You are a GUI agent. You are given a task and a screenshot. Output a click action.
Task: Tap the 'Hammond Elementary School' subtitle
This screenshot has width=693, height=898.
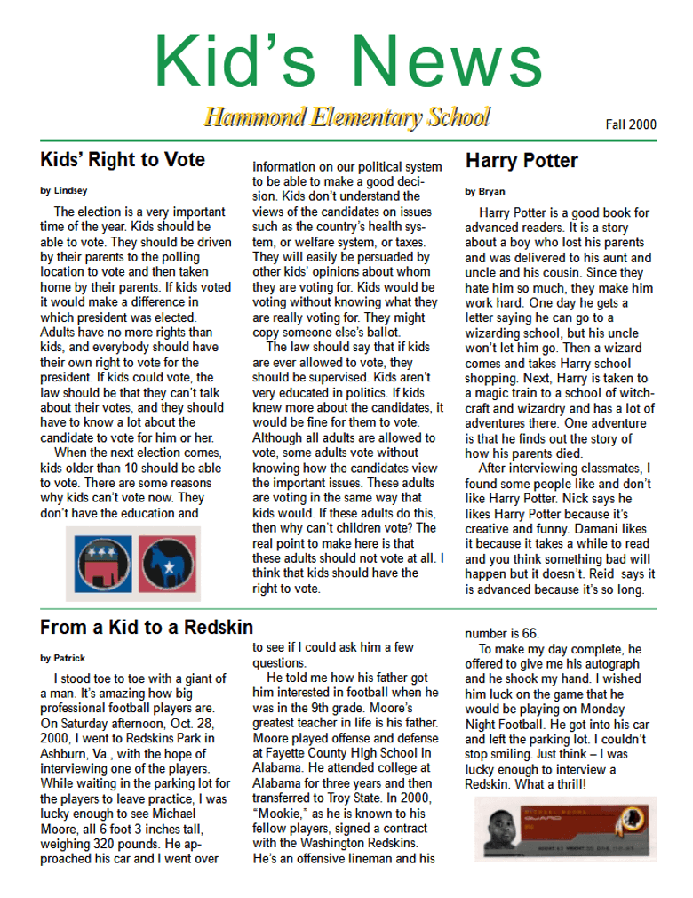click(x=346, y=116)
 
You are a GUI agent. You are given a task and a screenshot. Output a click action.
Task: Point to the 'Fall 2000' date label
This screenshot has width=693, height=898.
click(x=632, y=125)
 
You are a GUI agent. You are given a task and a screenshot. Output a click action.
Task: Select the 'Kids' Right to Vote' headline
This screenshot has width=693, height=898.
click(x=123, y=160)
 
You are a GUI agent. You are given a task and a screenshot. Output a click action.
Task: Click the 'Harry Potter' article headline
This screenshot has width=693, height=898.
click(x=522, y=161)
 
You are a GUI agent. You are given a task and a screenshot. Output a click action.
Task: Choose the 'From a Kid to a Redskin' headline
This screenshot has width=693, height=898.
click(x=147, y=627)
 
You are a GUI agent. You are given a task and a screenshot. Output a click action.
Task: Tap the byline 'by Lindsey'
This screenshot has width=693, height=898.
click(x=64, y=190)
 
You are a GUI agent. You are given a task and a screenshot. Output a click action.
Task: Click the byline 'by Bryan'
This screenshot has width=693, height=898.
click(x=484, y=190)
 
